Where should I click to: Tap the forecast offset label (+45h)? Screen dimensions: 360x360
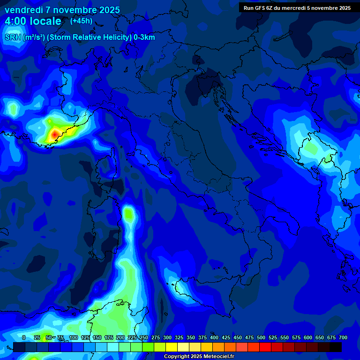81,21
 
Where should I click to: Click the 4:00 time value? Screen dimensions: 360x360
16,21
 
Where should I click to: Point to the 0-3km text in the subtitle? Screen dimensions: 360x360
144,37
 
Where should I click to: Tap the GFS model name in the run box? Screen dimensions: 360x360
259,8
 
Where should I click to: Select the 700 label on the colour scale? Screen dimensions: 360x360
343,337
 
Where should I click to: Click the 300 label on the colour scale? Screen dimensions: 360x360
167,337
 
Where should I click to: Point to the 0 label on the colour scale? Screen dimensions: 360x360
24,337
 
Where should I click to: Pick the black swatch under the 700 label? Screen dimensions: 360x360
336,347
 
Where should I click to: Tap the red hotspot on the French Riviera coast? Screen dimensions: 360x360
54,135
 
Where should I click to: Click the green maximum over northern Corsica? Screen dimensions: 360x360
129,214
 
